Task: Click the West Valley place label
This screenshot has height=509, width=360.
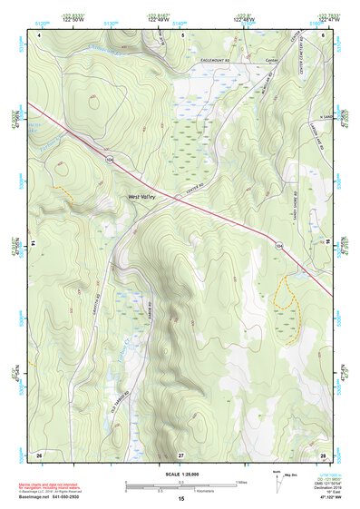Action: (141, 196)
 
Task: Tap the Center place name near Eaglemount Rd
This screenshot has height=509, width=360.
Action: (270, 62)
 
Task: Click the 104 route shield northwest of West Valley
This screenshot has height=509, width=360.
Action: (110, 159)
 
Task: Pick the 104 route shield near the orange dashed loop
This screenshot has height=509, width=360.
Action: (279, 246)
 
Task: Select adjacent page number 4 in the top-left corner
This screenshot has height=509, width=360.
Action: (40, 34)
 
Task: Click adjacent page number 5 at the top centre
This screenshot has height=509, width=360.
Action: (181, 34)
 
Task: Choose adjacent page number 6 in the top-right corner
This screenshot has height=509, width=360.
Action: (323, 34)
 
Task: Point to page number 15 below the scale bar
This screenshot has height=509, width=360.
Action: (181, 499)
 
